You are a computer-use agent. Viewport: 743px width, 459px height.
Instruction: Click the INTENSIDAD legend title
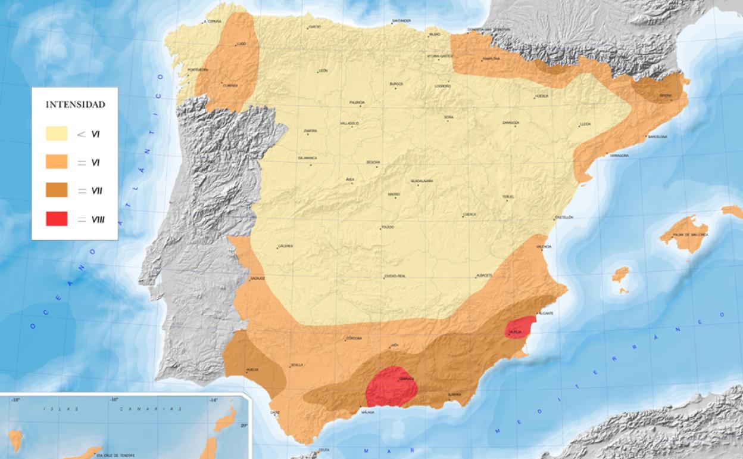pos(76,105)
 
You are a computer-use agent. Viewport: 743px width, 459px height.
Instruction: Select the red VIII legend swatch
pos(57,219)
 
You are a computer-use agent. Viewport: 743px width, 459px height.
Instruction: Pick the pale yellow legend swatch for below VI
pos(57,134)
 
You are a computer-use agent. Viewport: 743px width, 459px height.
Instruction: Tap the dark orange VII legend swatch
pos(57,190)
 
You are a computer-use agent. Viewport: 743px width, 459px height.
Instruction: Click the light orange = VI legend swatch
pos(57,162)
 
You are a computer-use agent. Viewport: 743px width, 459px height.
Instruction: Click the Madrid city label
pos(394,194)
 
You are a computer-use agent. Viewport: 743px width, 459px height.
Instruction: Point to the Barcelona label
pos(657,137)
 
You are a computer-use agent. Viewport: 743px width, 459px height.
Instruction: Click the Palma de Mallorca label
pos(690,235)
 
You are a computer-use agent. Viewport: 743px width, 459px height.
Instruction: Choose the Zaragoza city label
pos(511,123)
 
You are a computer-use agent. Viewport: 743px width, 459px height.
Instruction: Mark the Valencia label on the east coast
pos(544,246)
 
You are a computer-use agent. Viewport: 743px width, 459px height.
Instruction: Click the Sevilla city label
pos(297,365)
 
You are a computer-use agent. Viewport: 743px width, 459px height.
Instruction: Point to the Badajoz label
pos(257,278)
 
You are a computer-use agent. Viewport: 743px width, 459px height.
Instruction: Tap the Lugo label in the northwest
pos(241,44)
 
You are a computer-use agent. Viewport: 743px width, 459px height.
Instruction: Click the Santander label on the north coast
pos(401,21)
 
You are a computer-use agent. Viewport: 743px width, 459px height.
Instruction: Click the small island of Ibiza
pos(620,274)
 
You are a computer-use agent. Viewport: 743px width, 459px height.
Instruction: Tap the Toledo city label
pos(388,227)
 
